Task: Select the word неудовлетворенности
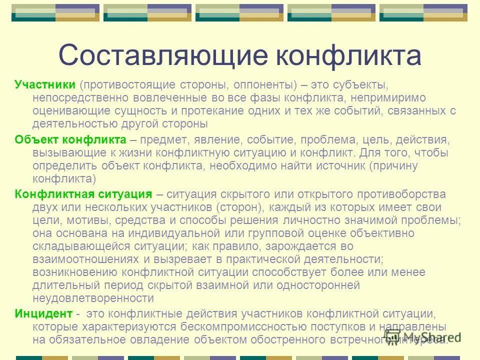pyautogui.click(x=93, y=298)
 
